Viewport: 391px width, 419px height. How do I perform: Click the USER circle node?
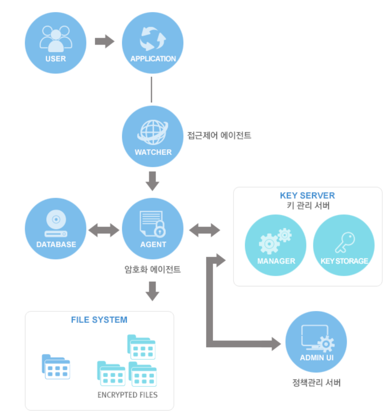coord(56,43)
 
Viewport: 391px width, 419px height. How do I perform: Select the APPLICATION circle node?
coord(152,43)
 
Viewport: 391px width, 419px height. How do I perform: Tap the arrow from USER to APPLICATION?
coord(104,41)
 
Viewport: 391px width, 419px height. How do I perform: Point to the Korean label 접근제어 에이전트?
coord(219,135)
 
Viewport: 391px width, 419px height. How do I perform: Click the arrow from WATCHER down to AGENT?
coord(152,181)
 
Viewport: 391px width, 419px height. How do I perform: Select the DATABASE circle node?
coord(56,229)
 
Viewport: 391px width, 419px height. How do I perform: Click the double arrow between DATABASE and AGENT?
coord(104,230)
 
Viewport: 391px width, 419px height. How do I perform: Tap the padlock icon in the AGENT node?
coord(159,230)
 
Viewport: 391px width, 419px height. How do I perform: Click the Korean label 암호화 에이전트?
coord(152,269)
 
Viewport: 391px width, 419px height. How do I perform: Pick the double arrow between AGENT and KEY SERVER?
coord(205,230)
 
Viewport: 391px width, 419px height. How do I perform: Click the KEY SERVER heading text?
coord(307,196)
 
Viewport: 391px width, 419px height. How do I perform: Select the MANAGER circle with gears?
coord(275,245)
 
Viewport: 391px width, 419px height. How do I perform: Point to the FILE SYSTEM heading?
coord(99,320)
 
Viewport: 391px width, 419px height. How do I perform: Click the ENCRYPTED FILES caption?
coord(128,395)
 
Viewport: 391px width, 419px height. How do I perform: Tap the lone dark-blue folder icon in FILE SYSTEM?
coord(56,367)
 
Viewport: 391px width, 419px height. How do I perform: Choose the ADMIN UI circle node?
coord(316,342)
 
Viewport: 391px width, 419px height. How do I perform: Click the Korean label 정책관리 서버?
coord(316,383)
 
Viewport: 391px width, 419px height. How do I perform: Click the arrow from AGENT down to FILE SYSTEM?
coord(152,291)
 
